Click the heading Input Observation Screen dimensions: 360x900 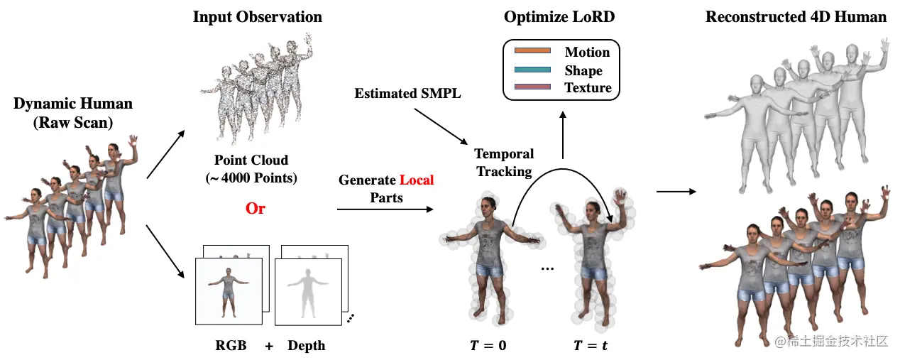coord(257,17)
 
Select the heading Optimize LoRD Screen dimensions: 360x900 coord(559,17)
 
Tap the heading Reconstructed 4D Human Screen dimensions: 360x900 coord(796,17)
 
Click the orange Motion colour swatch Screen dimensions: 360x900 coord(532,51)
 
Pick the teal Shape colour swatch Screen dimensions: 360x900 coord(532,70)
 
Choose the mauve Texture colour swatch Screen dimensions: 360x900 coord(532,87)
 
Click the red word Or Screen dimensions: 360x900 coord(256,209)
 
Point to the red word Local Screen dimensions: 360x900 coord(416,180)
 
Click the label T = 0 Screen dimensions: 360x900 coord(488,347)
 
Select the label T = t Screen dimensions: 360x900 coord(591,347)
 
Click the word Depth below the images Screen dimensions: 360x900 coord(306,346)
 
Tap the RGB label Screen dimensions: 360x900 coord(230,346)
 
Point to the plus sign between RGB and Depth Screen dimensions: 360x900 coord(269,346)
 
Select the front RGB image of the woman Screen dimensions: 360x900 coord(229,291)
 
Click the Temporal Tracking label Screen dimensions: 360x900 coord(504,163)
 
